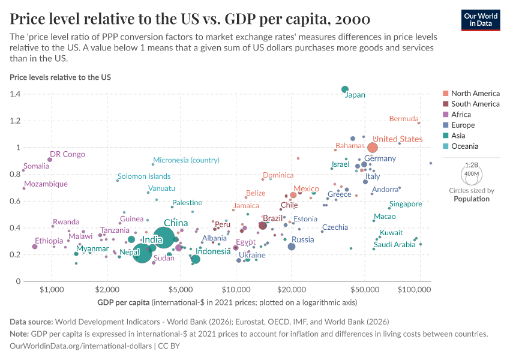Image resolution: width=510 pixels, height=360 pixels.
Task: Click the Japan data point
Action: [345, 89]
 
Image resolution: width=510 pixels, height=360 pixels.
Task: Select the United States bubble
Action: [373, 148]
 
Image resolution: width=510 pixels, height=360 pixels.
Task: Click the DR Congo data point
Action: [50, 160]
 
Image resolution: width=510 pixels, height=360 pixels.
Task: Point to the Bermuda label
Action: [405, 118]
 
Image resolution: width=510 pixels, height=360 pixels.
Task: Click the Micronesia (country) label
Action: [187, 160]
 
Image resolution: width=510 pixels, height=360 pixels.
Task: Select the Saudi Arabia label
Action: [394, 245]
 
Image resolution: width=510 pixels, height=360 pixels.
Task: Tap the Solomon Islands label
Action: [144, 176]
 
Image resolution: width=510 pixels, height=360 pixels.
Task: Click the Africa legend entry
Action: [461, 115]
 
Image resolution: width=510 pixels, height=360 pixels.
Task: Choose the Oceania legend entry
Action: [465, 136]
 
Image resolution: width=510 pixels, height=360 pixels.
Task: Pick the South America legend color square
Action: [445, 104]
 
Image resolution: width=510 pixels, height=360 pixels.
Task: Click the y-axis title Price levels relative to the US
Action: [60, 77]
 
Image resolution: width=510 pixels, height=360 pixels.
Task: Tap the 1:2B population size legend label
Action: [472, 164]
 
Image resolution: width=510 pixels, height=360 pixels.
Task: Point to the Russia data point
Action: [292, 247]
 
